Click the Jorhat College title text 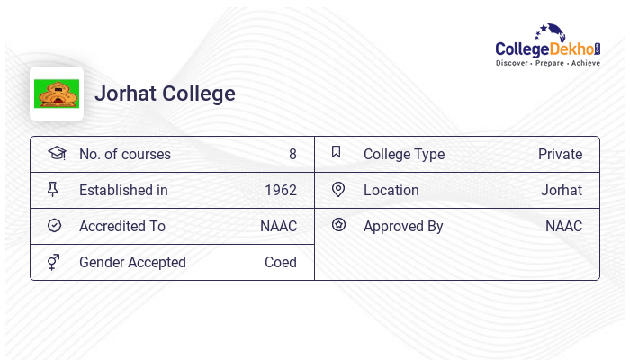165,94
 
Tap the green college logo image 57,94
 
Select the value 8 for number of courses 292,154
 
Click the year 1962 280,190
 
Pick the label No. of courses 124,154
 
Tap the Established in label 123,190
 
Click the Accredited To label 121,226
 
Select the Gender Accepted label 132,262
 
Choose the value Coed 280,262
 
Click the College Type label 403,154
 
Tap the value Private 560,154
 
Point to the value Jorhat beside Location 561,190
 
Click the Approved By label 403,226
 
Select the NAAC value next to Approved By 563,226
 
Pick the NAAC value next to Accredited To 278,226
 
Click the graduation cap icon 57,153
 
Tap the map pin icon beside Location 338,189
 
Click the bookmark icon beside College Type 336,152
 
